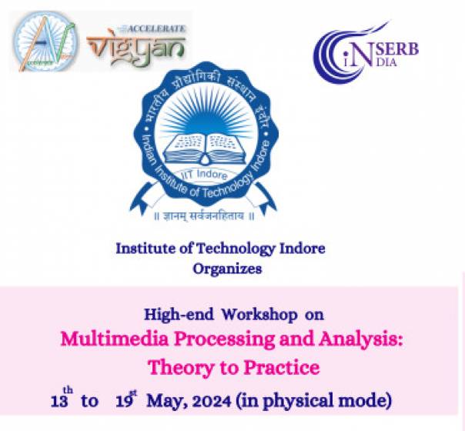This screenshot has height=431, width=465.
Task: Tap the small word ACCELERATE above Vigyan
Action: tap(159, 28)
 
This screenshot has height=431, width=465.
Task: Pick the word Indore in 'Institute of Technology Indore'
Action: tap(299, 249)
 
